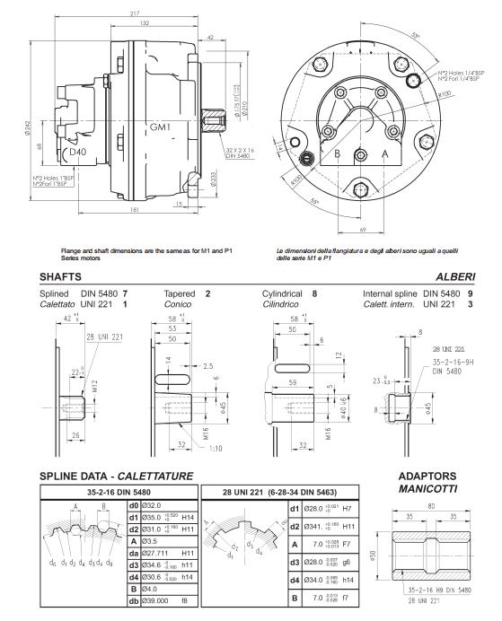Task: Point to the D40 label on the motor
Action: click(78, 152)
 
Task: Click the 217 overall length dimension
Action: click(134, 13)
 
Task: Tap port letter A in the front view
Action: click(386, 153)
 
